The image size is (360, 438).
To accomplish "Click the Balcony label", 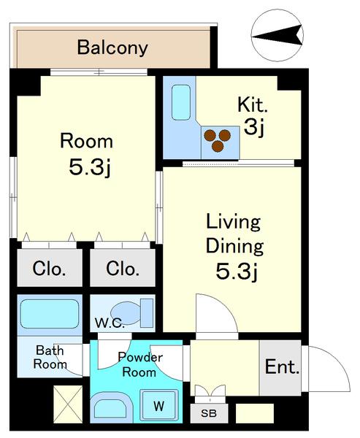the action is point(112,47).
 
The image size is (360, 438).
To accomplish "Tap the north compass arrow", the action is point(277,35).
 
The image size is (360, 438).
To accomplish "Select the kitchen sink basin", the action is point(181,102).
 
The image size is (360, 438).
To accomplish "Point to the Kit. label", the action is point(253,105).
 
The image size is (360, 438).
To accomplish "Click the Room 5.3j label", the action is point(87,155).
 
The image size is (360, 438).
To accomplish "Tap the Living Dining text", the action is point(234,234).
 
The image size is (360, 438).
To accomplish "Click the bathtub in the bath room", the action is point(50,314).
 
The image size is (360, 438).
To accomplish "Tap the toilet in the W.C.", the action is point(132,312).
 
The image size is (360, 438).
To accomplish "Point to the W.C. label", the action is point(110,323).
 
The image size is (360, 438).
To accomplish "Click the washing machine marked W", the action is point(159,404).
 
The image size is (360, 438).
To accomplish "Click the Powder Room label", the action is point(140,364).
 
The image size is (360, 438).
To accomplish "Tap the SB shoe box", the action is point(209,413).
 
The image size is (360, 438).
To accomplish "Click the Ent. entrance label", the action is point(282,366).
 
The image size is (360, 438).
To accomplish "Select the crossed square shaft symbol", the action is point(68,404).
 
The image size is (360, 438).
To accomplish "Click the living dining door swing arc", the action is point(225,305).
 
